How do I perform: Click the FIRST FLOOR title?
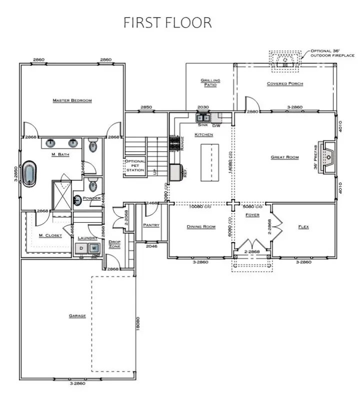pyautogui.click(x=167, y=22)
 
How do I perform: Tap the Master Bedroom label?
pyautogui.click(x=72, y=101)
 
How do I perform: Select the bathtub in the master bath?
pyautogui.click(x=30, y=173)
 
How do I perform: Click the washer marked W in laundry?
pyautogui.click(x=93, y=248)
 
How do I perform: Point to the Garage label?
pyautogui.click(x=77, y=316)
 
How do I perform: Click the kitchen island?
pyautogui.click(x=209, y=162)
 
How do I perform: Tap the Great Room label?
pyautogui.click(x=284, y=157)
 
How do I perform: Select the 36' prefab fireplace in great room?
pyautogui.click(x=329, y=157)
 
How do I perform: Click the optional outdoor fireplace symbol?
pyautogui.click(x=285, y=59)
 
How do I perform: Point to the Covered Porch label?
pyautogui.click(x=284, y=83)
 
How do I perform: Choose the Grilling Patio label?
pyautogui.click(x=210, y=82)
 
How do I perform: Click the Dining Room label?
pyautogui.click(x=201, y=227)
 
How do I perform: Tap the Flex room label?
pyautogui.click(x=303, y=227)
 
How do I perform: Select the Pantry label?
pyautogui.click(x=151, y=225)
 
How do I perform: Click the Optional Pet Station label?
pyautogui.click(x=134, y=166)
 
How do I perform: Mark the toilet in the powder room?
pyautogui.click(x=92, y=186)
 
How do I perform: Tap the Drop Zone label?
pyautogui.click(x=114, y=244)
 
